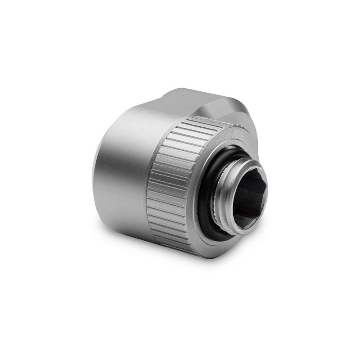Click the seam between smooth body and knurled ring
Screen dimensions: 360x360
point(148,189)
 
